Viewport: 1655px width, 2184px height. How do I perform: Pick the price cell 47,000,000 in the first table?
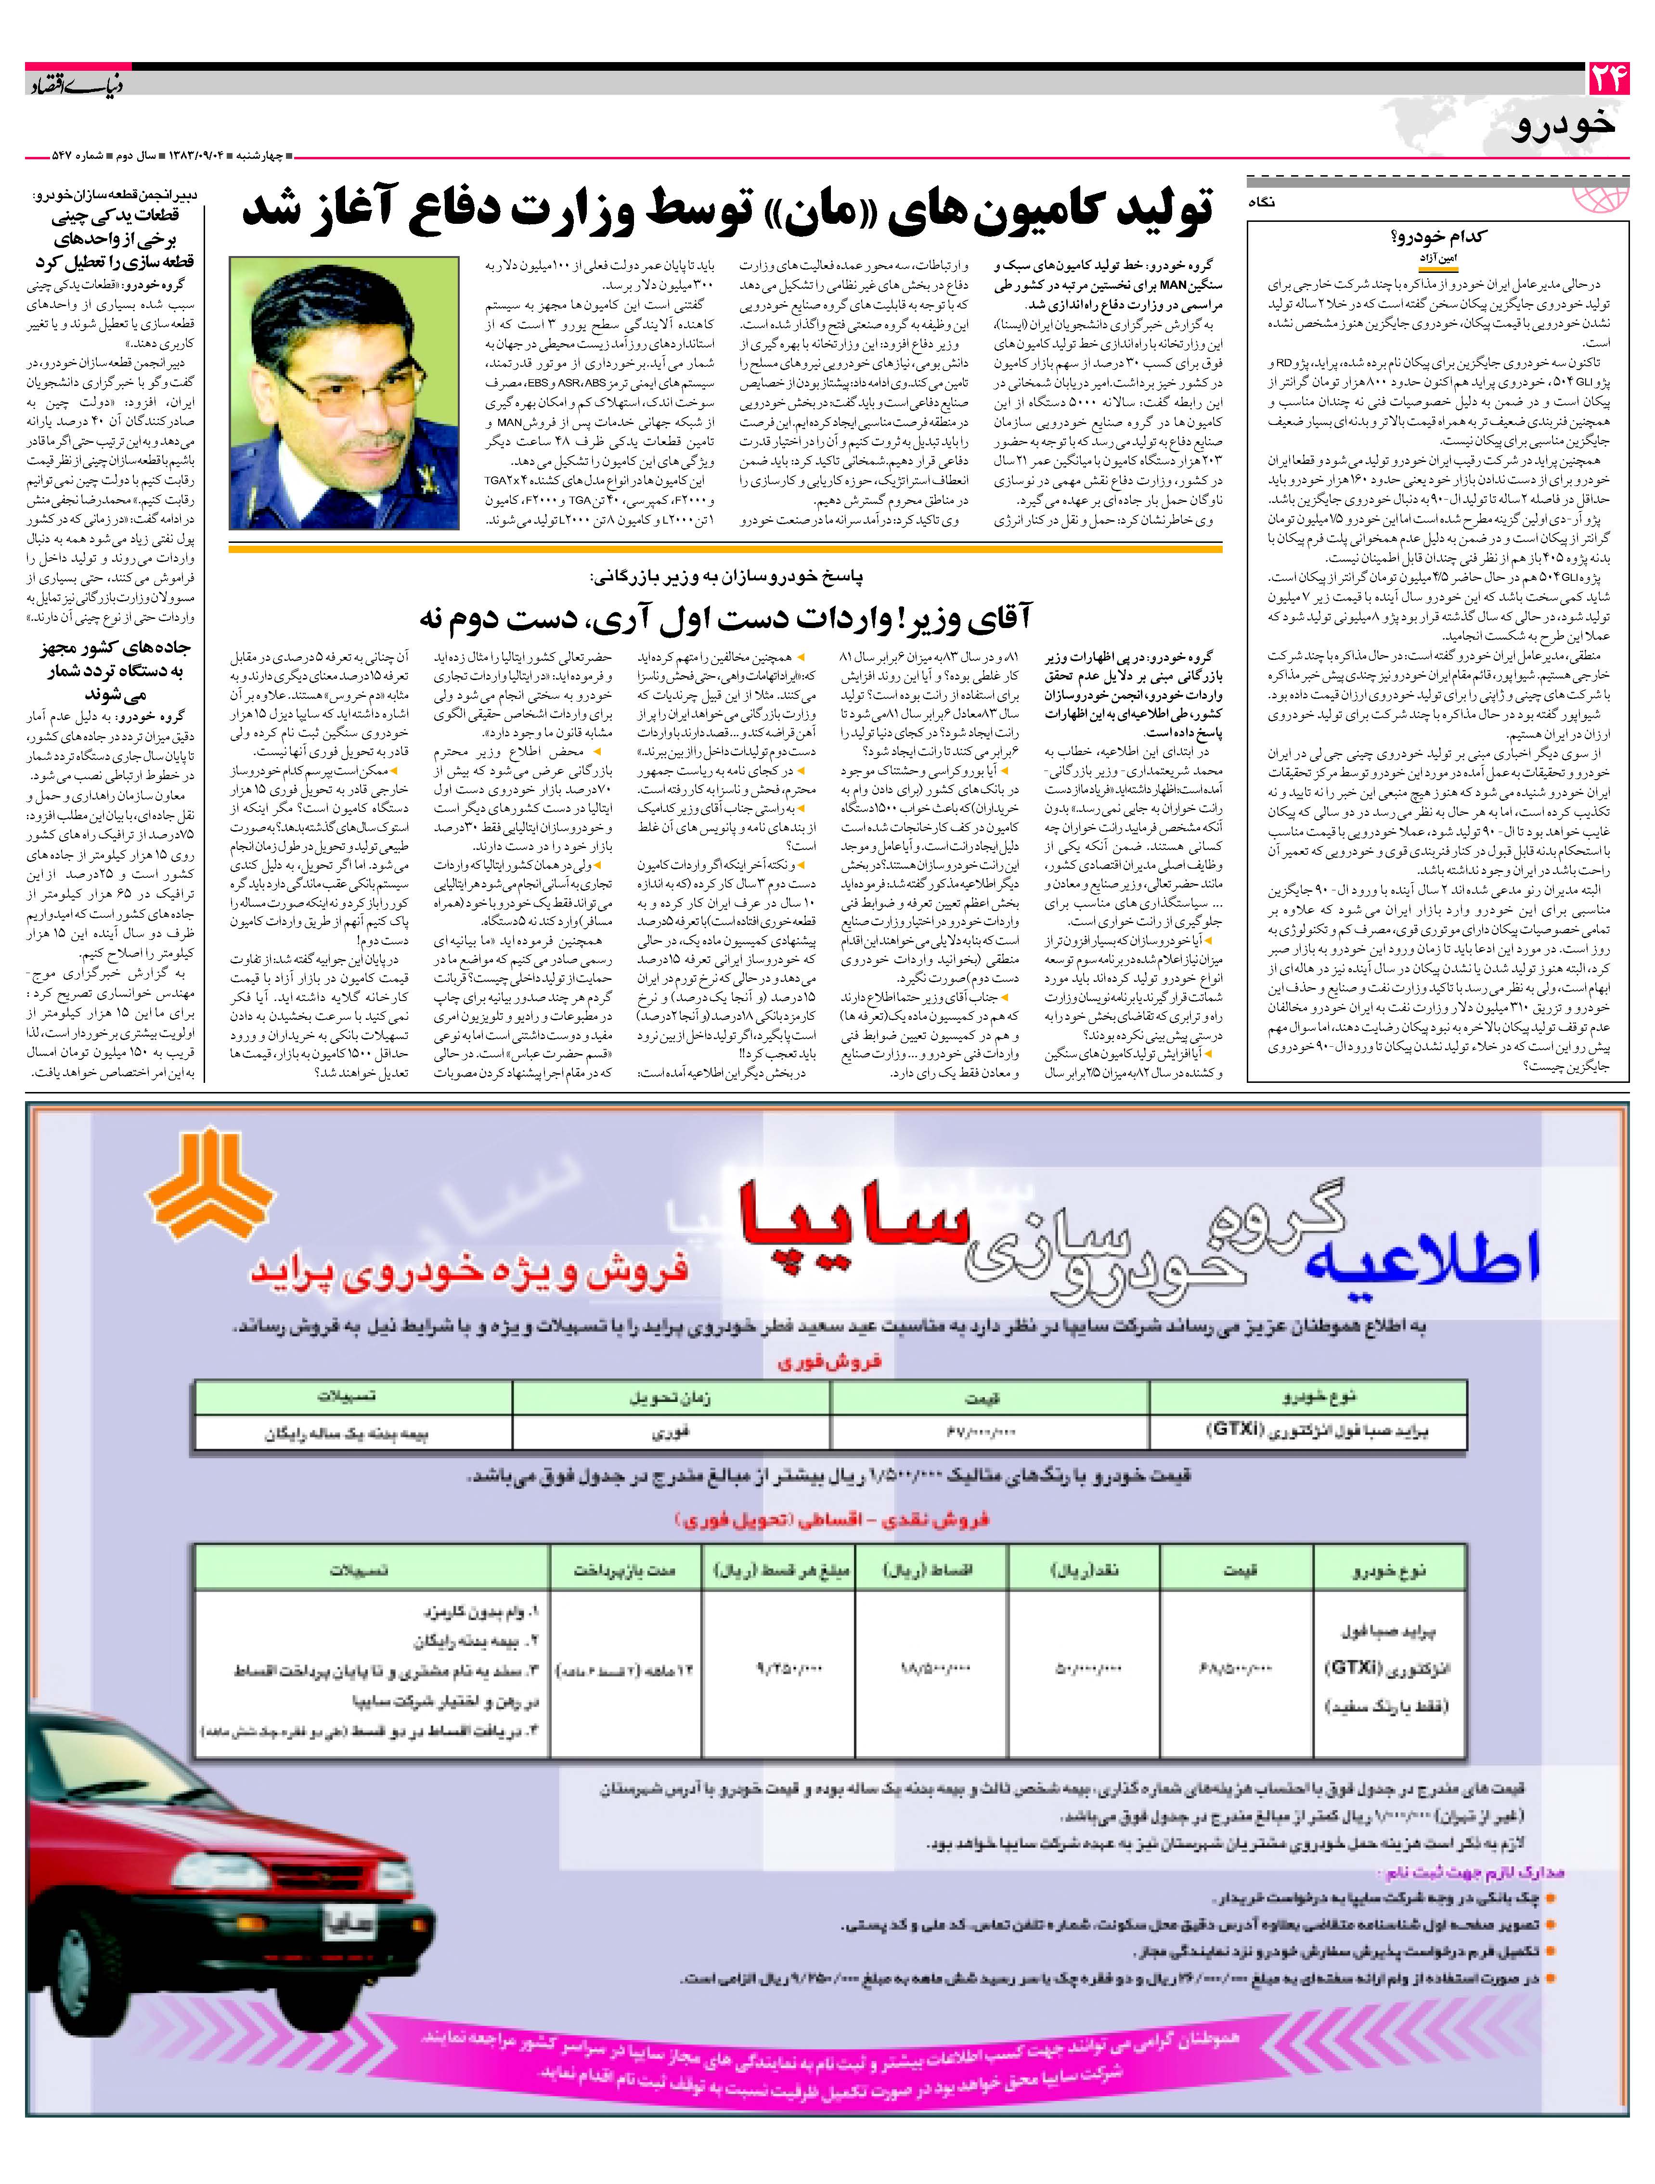987,1432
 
